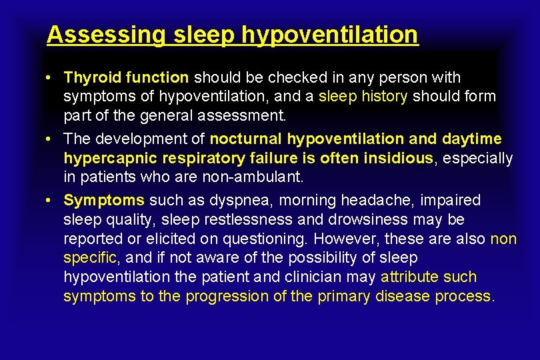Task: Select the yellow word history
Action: point(385,96)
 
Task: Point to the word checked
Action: point(267,77)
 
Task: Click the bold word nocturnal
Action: point(246,139)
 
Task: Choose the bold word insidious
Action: point(397,158)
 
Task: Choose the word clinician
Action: point(317,277)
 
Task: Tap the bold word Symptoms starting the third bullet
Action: point(104,200)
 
